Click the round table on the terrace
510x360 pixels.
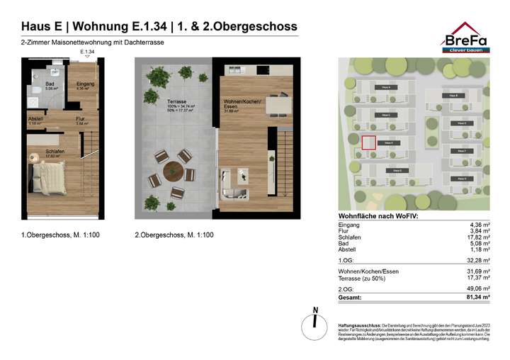172,171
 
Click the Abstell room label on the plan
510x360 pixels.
35,118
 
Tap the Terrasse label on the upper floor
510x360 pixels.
158,103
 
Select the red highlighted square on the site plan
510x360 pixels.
368,142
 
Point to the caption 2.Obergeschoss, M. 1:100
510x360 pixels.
174,235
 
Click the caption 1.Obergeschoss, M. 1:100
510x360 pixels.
60,235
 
